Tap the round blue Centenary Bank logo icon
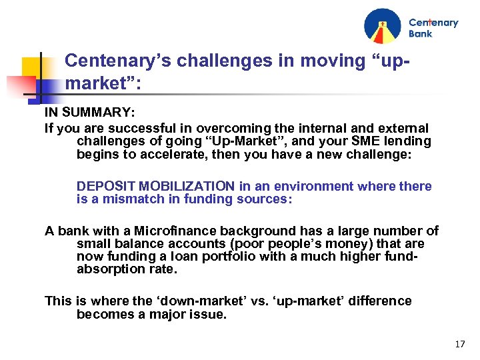point(383,26)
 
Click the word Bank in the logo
point(421,33)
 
